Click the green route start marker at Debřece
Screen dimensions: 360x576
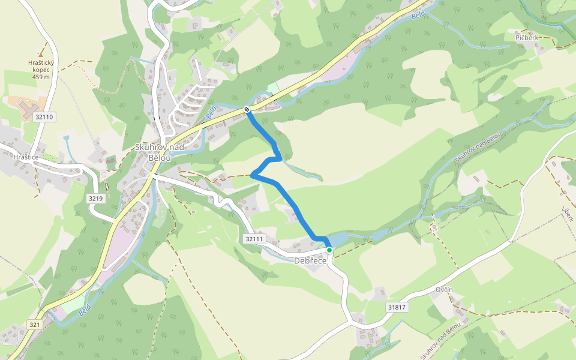329,250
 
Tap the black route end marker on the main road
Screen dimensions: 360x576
247,109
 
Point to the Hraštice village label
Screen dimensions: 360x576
26,157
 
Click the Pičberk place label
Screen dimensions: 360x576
526,37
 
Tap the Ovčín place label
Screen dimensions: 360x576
444,290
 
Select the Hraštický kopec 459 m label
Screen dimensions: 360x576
41,69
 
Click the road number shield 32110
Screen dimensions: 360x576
44,117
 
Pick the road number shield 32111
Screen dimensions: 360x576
254,239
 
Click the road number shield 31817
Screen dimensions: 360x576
397,307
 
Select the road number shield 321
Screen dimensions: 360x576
34,325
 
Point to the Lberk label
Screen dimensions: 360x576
567,213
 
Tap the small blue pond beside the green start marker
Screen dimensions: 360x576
338,239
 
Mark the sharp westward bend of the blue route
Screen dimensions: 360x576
253,175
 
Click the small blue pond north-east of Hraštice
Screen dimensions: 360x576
65,139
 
